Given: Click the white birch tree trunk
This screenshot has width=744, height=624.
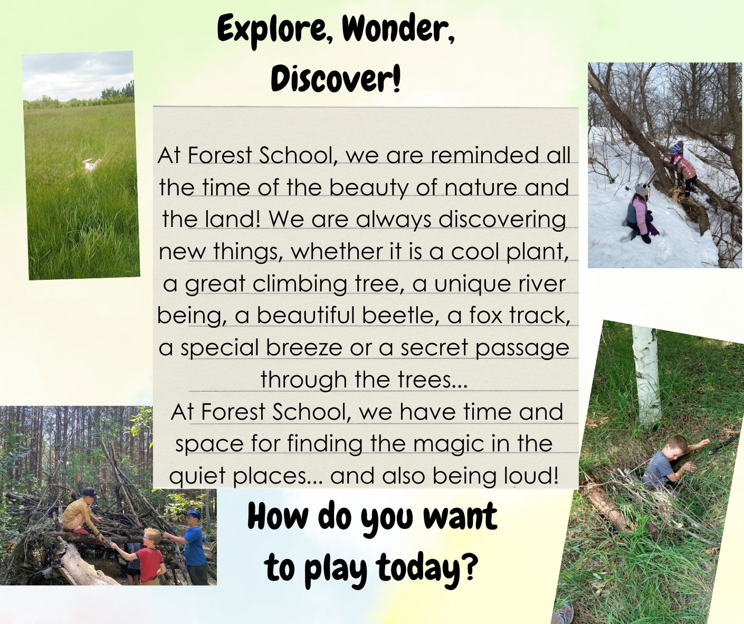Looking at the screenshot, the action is point(645,374).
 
